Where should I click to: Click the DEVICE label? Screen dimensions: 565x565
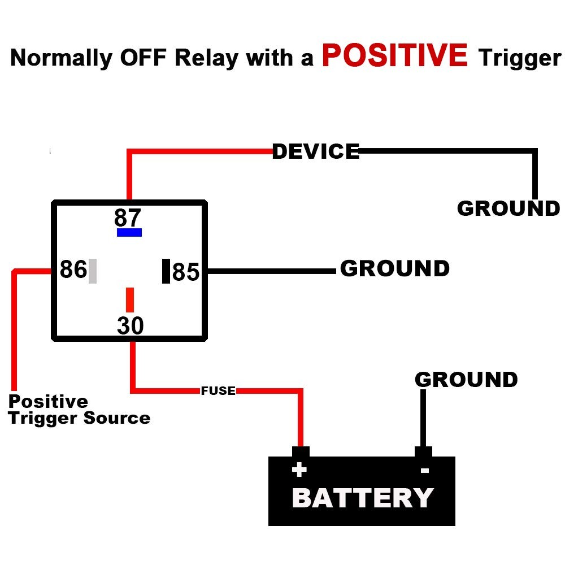pyautogui.click(x=315, y=151)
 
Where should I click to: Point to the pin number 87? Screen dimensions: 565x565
pyautogui.click(x=128, y=218)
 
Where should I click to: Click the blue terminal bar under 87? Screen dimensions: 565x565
pyautogui.click(x=129, y=232)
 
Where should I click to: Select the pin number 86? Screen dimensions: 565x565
pyautogui.click(x=73, y=270)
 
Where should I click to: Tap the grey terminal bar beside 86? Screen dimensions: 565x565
pyautogui.click(x=93, y=271)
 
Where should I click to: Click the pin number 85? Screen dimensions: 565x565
pyautogui.click(x=186, y=272)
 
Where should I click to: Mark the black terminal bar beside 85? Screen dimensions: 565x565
pyautogui.click(x=166, y=271)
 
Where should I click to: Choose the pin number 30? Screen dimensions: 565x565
pyautogui.click(x=131, y=326)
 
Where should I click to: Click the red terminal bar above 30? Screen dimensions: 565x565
pyautogui.click(x=130, y=299)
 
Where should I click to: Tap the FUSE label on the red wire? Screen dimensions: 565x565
pyautogui.click(x=218, y=391)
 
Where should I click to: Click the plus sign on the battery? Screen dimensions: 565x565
pyautogui.click(x=299, y=470)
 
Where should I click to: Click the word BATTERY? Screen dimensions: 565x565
pyautogui.click(x=362, y=498)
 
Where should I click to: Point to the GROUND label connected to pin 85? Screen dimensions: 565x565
pyautogui.click(x=394, y=269)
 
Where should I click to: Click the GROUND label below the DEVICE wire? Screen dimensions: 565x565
pyautogui.click(x=508, y=208)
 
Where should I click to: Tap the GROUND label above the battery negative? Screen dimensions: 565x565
pyautogui.click(x=466, y=380)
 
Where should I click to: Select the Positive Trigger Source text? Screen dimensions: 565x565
pyautogui.click(x=79, y=410)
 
